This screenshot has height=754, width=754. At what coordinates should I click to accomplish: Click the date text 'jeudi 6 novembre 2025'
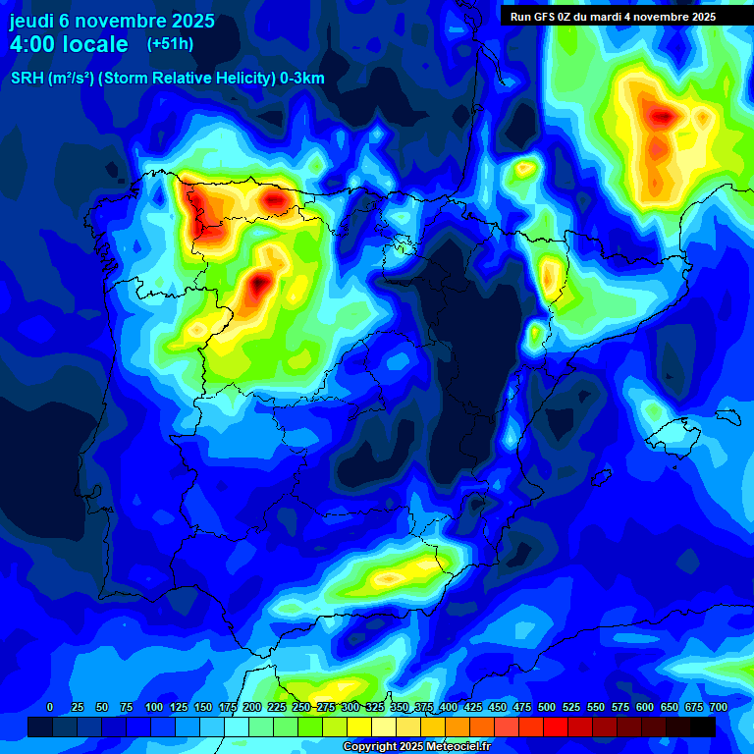click(112, 21)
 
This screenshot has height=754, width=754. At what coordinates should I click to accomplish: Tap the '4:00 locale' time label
click(69, 44)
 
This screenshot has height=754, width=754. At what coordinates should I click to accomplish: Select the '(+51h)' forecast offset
click(170, 43)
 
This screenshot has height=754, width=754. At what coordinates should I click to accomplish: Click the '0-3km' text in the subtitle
click(302, 80)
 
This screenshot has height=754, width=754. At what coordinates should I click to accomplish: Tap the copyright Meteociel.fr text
click(416, 747)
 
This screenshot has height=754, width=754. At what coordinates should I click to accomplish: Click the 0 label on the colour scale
click(50, 707)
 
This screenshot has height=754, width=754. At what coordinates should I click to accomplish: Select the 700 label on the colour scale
click(718, 707)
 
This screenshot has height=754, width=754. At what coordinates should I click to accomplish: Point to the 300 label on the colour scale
click(350, 707)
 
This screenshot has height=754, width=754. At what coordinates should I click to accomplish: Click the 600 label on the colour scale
click(645, 707)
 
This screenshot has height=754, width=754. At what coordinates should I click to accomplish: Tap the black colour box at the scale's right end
click(703, 727)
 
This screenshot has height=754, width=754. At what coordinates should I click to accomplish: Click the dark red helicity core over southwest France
click(664, 117)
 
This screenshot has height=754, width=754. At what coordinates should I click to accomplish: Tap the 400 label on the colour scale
click(449, 707)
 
